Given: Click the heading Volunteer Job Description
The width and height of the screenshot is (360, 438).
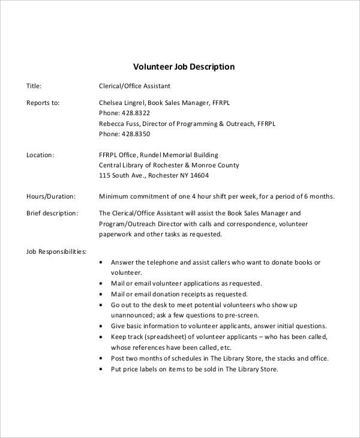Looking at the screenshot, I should coord(183,67).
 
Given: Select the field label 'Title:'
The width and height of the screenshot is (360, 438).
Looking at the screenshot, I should coord(34,86).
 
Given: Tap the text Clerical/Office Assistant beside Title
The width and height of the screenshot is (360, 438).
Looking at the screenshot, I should coord(134,86).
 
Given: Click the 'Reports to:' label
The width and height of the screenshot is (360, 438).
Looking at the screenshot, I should coord(43,103).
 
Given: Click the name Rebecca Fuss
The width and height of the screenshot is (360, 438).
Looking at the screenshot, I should coord(118,124).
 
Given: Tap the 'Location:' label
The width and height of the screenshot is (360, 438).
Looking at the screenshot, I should coord(40,155).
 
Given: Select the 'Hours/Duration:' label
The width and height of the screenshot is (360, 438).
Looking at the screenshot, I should coord(51,196).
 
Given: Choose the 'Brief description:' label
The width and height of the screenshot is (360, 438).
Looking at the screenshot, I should coord(52,213).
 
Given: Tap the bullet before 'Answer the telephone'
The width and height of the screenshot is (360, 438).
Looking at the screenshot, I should coord(100,263).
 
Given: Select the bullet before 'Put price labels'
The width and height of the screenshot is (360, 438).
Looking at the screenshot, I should coord(100,370).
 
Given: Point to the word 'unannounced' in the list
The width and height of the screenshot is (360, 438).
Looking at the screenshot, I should coord(132,316).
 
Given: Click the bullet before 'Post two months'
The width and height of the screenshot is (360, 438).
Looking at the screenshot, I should coord(100,359).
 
